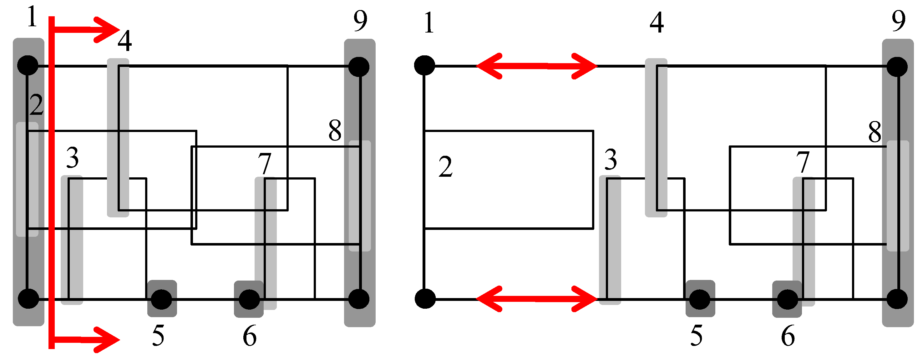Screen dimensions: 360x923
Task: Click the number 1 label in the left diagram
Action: pyautogui.click(x=32, y=17)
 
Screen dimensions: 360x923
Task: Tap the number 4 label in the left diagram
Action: pyautogui.click(x=125, y=41)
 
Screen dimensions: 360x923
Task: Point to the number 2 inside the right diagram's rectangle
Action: pyautogui.click(x=445, y=167)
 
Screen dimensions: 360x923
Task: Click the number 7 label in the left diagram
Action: pyautogui.click(x=265, y=163)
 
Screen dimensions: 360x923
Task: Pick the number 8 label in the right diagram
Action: pyautogui.click(x=875, y=132)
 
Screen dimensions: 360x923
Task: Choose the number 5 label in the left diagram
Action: pyautogui.click(x=158, y=336)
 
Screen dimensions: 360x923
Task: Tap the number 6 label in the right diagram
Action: pyautogui.click(x=788, y=336)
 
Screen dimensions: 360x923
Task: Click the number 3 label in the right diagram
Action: pyautogui.click(x=611, y=160)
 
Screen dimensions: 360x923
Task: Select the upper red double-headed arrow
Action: pyautogui.click(x=536, y=66)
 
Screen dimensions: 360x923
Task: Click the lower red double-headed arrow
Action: pyautogui.click(x=536, y=299)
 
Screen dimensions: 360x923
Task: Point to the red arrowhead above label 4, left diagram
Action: pyautogui.click(x=108, y=29)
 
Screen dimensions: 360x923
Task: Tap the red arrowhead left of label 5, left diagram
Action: pyautogui.click(x=108, y=340)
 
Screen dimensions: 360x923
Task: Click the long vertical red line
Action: pyautogui.click(x=52, y=179)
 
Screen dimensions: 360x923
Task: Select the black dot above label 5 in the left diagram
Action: pyautogui.click(x=162, y=299)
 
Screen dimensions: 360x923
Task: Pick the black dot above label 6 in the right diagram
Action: pyautogui.click(x=787, y=299)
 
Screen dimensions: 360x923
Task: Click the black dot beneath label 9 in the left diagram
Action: pyautogui.click(x=359, y=67)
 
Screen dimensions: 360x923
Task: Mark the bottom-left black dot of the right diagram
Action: pyautogui.click(x=425, y=299)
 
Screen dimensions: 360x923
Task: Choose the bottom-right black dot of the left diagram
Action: pyautogui.click(x=359, y=299)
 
